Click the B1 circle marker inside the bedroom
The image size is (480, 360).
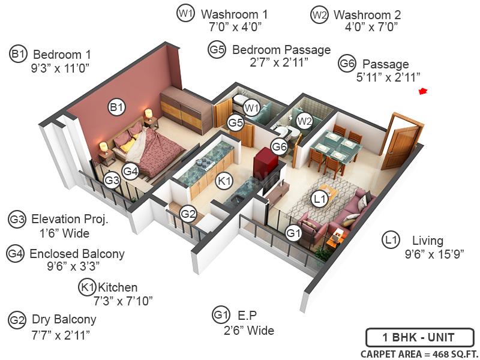[x=116, y=108]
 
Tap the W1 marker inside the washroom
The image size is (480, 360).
[x=251, y=108]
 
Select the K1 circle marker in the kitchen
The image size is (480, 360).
[x=224, y=180]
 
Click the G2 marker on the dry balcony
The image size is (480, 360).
[x=188, y=214]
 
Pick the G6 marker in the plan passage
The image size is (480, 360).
[x=279, y=146]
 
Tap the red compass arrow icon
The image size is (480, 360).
[x=423, y=91]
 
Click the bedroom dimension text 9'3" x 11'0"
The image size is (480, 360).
[x=62, y=68]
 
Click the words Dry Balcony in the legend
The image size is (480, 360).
[x=64, y=319]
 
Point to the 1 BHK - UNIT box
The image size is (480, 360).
[x=419, y=337]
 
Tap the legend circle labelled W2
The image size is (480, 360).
[x=319, y=14]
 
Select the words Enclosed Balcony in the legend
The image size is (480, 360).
[x=77, y=253]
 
